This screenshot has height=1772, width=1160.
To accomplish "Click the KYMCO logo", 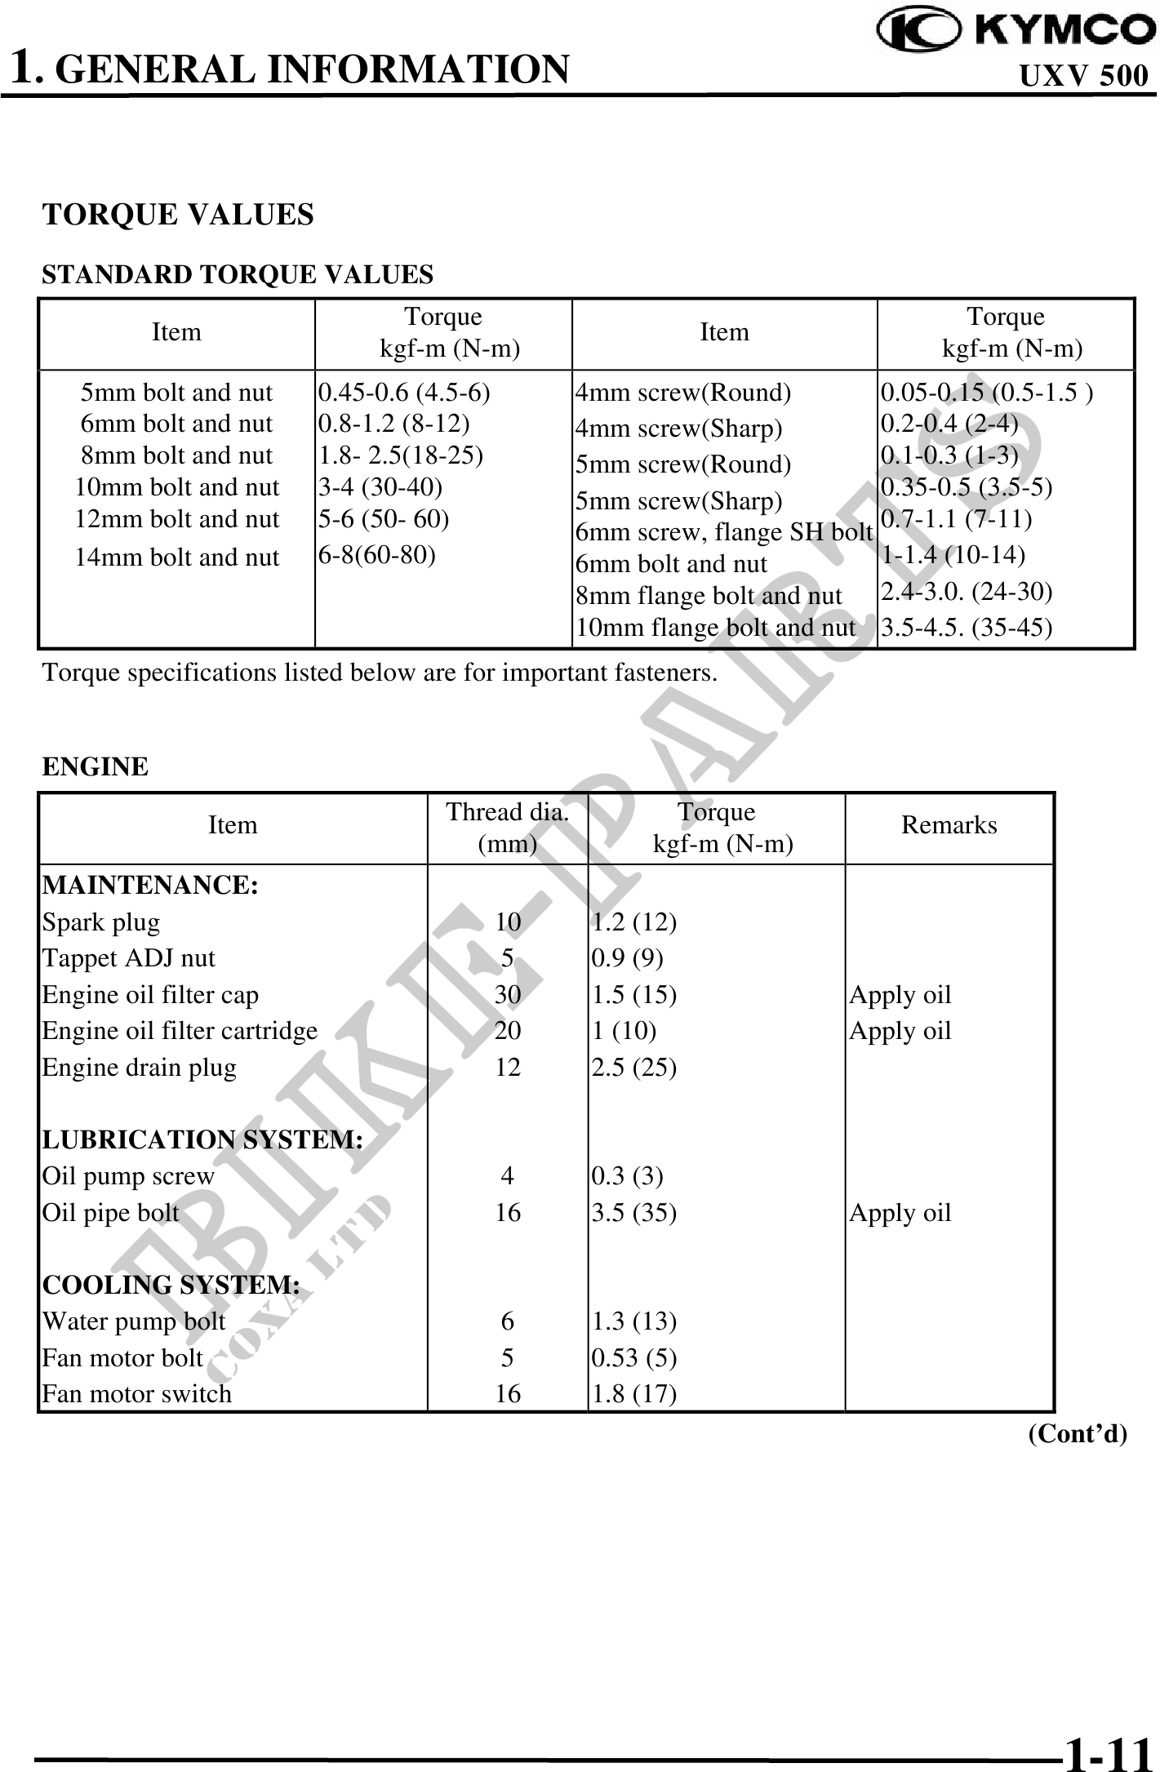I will (x=1016, y=30).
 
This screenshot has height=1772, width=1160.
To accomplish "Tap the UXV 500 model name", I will (x=1083, y=76).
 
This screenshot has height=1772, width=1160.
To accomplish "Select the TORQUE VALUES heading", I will (x=178, y=215).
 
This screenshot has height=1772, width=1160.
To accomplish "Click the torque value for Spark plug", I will (x=634, y=922).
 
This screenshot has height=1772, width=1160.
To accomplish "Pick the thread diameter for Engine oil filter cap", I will (x=508, y=995).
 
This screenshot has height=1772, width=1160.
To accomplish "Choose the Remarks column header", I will (x=949, y=825).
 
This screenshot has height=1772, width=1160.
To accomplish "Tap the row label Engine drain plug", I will (x=140, y=1068).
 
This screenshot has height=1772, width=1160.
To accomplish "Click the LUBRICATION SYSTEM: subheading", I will (x=202, y=1139).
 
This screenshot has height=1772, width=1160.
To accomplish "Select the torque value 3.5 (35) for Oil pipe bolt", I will (x=634, y=1213).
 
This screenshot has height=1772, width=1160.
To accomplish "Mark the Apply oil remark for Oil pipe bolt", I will (x=900, y=1213).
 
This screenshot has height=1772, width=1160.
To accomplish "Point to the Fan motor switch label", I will (x=137, y=1393).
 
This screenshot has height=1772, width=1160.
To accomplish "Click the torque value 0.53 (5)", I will (x=634, y=1357).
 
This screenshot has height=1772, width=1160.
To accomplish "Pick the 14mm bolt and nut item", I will (x=177, y=557).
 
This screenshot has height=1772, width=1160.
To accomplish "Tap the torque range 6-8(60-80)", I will (x=376, y=555).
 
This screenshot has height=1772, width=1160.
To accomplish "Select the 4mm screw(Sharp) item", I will (x=679, y=429).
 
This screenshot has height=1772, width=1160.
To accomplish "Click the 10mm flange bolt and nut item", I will (x=716, y=628).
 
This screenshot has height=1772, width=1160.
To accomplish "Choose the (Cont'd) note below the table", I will (x=1078, y=1433).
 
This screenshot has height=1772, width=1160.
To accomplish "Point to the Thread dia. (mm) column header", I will (x=507, y=826).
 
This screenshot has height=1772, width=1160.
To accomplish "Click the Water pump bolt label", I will (x=134, y=1321).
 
